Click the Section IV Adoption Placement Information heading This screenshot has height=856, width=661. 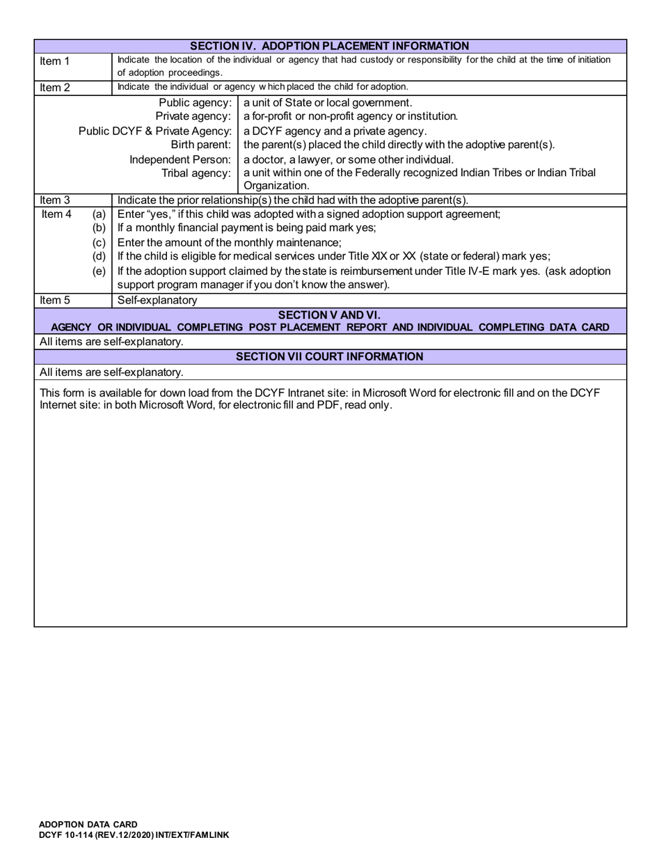click(x=330, y=46)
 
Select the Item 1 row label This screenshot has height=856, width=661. click(x=55, y=61)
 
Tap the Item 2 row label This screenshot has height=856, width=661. click(x=55, y=88)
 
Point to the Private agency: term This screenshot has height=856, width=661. click(x=193, y=116)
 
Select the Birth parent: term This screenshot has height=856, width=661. click(x=201, y=145)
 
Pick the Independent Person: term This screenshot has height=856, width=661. click(x=180, y=159)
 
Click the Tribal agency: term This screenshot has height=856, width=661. click(x=196, y=173)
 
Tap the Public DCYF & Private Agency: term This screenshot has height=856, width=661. click(x=154, y=131)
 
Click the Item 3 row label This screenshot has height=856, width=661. click(x=55, y=200)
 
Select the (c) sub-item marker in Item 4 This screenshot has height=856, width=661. click(x=99, y=243)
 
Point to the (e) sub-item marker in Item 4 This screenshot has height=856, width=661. click(x=99, y=271)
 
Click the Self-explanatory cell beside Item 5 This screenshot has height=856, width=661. click(x=157, y=301)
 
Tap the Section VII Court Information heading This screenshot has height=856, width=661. click(x=329, y=356)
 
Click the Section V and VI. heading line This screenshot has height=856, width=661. click(x=329, y=315)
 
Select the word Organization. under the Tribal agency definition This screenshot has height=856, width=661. click(x=276, y=186)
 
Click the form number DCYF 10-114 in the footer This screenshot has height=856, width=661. click(x=67, y=834)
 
